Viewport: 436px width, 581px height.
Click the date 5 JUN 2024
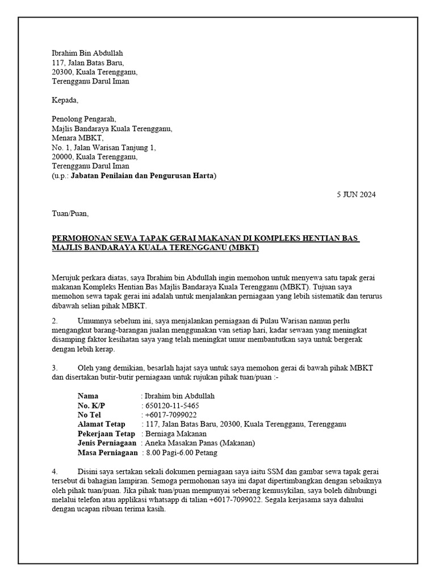point(356,195)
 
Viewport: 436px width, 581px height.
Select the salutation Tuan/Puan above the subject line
point(70,214)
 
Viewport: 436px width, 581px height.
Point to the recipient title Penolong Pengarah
point(83,119)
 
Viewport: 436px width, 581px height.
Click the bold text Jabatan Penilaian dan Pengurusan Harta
point(142,176)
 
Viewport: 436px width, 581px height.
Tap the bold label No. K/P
point(91,406)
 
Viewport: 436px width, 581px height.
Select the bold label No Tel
point(90,415)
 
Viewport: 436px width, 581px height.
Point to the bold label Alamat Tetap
point(102,424)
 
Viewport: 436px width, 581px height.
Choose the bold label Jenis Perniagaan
point(107,443)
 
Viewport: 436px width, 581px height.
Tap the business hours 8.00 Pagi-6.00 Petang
point(179,453)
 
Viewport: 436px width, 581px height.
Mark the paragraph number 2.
point(54,321)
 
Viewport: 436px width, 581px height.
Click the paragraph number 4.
point(54,471)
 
